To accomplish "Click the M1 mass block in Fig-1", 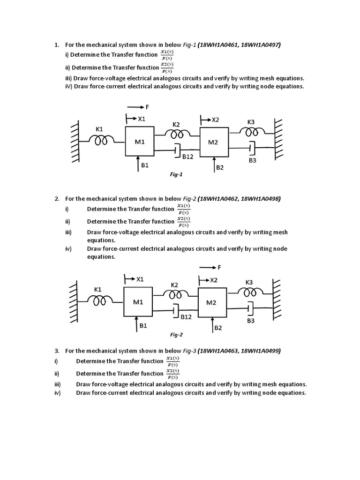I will pos(140,142).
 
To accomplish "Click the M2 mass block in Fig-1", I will pos(214,142).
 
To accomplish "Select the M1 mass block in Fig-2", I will pos(138,302).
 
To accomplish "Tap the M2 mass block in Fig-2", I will pos(212,302).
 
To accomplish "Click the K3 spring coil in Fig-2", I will pos(250,292).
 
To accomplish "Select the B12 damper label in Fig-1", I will pos(187,156).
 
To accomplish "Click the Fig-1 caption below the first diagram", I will pos(176,174).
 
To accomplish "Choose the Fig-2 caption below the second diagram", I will pos(176,335).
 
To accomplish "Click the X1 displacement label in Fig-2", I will pos(139,280).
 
